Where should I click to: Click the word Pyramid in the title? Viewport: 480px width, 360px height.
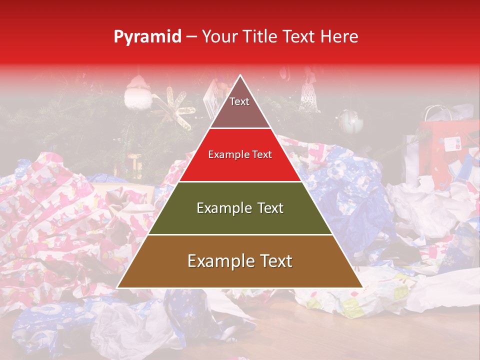click(x=147, y=37)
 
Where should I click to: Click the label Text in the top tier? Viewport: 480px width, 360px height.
click(x=239, y=101)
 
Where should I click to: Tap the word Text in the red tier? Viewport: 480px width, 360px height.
click(x=261, y=155)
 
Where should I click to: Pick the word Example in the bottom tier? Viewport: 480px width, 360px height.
click(x=218, y=261)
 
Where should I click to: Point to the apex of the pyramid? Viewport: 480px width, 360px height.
click(x=240, y=75)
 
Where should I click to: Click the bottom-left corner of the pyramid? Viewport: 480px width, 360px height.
click(x=117, y=287)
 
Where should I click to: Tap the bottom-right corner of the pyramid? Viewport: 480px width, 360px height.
click(x=362, y=287)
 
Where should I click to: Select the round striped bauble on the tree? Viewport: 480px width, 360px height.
click(x=350, y=121)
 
